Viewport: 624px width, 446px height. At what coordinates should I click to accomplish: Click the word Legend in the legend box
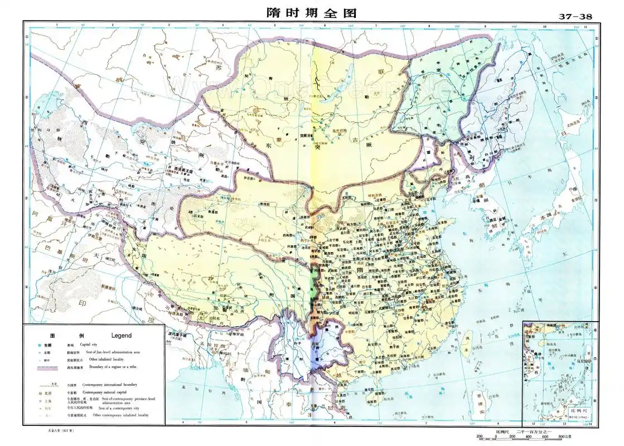122,336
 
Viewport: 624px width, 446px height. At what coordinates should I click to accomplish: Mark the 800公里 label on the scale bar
574,437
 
